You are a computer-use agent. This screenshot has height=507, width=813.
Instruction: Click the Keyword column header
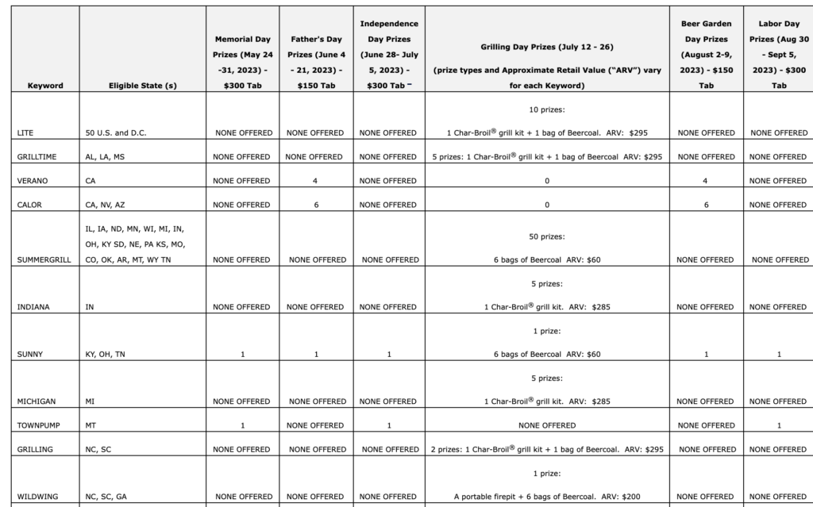45,86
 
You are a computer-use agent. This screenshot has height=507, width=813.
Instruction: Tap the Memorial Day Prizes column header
243,62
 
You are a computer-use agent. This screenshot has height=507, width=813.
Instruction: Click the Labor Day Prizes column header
778,55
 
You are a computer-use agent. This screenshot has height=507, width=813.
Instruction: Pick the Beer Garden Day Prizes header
706,55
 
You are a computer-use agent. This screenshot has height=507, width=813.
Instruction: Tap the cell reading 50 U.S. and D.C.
116,133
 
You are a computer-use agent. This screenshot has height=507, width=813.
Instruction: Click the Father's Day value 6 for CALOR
315,205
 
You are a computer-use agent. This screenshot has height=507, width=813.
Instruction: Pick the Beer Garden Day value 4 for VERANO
705,181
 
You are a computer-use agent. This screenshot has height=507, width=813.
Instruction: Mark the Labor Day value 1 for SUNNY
778,355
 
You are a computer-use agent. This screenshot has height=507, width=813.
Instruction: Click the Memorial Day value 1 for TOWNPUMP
243,426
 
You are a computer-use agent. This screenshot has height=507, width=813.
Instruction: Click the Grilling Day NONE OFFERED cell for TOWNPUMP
547,426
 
